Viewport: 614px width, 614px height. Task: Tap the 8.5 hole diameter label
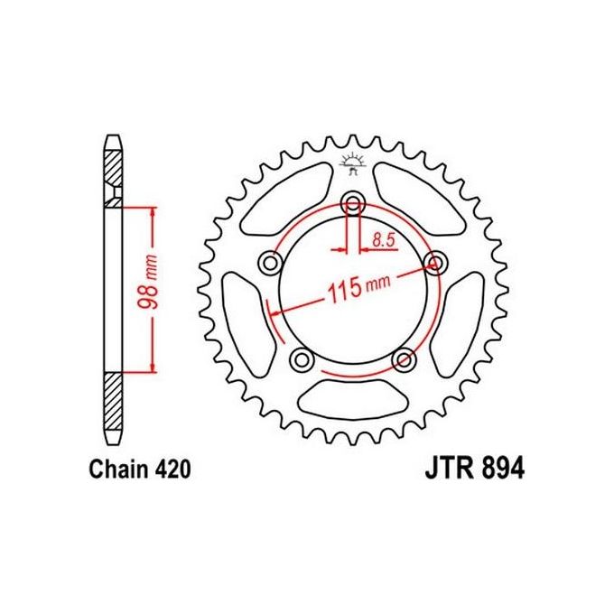point(381,240)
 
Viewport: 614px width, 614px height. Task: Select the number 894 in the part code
point(497,470)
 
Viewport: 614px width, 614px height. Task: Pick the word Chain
point(117,470)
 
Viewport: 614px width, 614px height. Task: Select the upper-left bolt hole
point(268,263)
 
